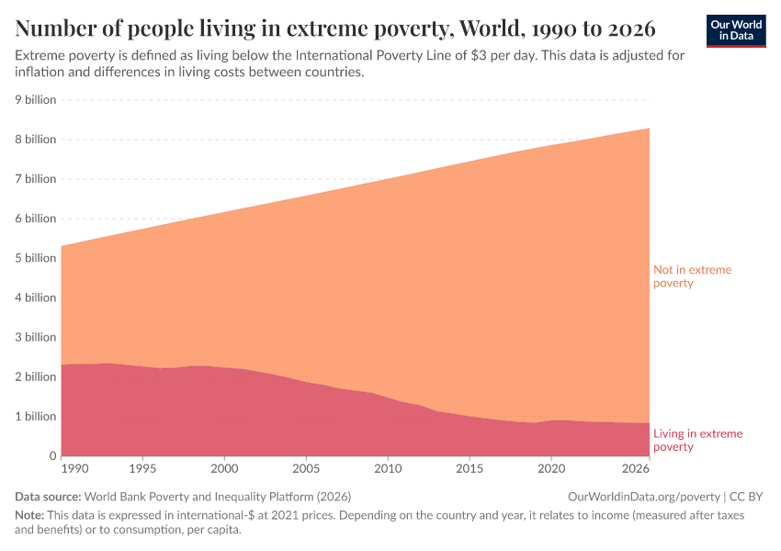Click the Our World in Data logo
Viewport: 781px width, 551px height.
(736, 30)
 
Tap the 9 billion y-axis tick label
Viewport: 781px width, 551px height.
(36, 100)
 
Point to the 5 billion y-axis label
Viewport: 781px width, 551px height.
(36, 258)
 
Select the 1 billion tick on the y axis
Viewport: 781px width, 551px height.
(36, 416)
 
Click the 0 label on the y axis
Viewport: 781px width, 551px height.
(52, 455)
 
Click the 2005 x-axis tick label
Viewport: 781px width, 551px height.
(306, 468)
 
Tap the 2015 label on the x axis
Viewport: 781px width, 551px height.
(469, 468)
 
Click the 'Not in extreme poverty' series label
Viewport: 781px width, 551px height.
(692, 276)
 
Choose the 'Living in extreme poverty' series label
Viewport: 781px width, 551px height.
(697, 440)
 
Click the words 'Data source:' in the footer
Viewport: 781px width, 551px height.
(47, 497)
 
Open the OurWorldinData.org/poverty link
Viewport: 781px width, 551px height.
(643, 497)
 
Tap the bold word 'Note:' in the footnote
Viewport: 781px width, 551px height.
(30, 515)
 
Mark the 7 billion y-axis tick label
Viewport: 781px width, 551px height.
(36, 179)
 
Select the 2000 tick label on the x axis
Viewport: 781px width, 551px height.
(225, 468)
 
